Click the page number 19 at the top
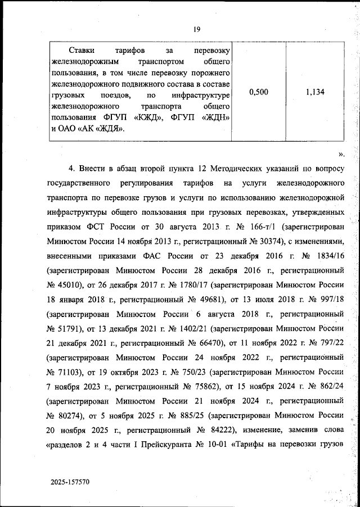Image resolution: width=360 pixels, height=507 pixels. tap(197, 30)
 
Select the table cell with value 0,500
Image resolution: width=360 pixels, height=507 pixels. tap(258, 93)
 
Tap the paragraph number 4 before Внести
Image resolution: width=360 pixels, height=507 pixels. tap(71, 169)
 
